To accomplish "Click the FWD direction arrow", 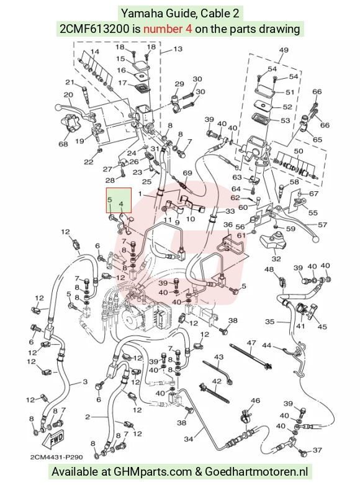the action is [53, 439].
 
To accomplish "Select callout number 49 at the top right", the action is [284, 50].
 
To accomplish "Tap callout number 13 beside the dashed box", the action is [178, 49].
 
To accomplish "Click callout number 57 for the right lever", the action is [322, 225].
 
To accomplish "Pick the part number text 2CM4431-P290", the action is [56, 457].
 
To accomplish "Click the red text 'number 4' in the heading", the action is [168, 29].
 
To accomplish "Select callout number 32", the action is [276, 258].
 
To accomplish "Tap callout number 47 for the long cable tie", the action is [251, 343].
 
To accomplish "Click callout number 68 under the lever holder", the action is [63, 144].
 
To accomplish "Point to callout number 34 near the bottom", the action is [188, 438].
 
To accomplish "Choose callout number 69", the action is [187, 173].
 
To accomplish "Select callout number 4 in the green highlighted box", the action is [121, 204].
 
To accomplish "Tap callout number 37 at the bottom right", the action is [317, 450].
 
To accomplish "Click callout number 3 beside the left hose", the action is [86, 382].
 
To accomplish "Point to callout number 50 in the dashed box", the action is [299, 152].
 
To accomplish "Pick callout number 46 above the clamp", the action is [255, 401].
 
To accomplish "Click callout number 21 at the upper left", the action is [70, 82].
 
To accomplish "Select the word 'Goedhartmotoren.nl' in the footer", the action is [256, 472].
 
